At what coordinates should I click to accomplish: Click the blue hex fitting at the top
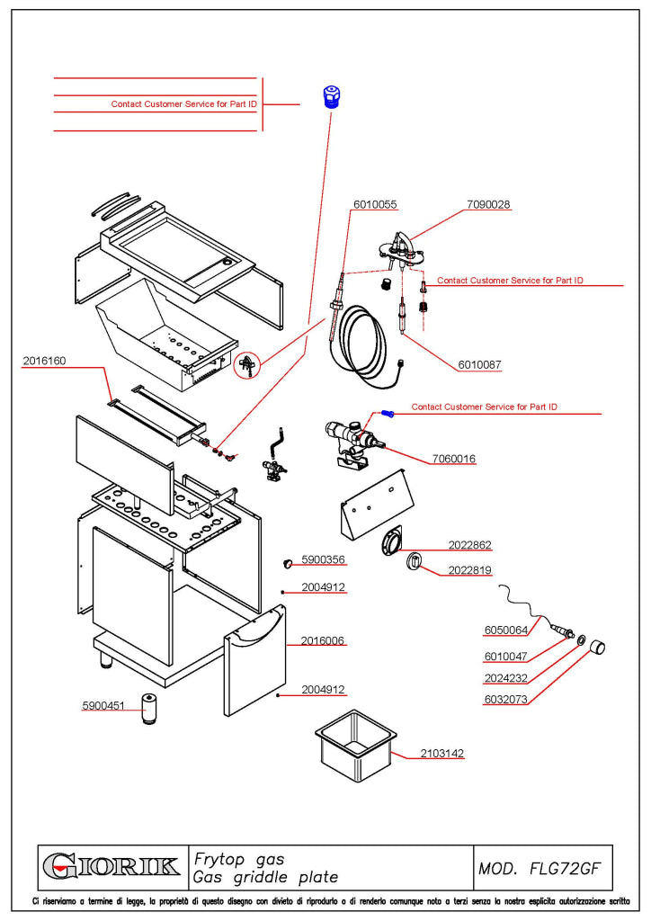[333, 97]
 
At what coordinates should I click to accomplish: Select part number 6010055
[375, 204]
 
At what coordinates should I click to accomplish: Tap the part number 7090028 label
[488, 204]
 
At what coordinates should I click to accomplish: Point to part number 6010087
[479, 365]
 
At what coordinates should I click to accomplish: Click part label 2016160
[45, 361]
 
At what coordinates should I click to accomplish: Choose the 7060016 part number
[454, 459]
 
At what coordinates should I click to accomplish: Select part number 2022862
[469, 545]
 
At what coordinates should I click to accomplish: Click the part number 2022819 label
[469, 570]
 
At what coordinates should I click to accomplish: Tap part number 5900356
[323, 559]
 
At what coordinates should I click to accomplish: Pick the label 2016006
[323, 640]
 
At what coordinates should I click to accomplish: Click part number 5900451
[103, 705]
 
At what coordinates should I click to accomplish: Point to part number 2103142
[442, 753]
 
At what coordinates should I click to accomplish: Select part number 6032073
[506, 700]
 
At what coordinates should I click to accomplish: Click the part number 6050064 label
[506, 630]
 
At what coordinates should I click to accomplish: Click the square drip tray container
[356, 746]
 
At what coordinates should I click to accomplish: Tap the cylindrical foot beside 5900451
[150, 709]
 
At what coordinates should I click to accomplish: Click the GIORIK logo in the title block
[111, 867]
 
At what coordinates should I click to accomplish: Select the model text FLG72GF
[566, 869]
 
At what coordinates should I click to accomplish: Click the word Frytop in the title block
[219, 860]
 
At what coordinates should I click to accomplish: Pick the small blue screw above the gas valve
[388, 414]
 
